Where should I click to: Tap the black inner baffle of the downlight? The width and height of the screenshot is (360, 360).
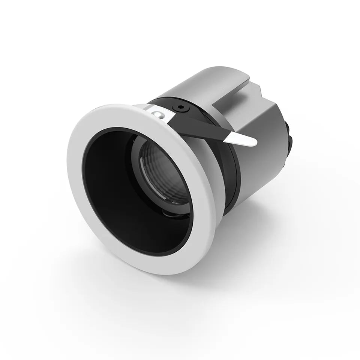tap(109, 187)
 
